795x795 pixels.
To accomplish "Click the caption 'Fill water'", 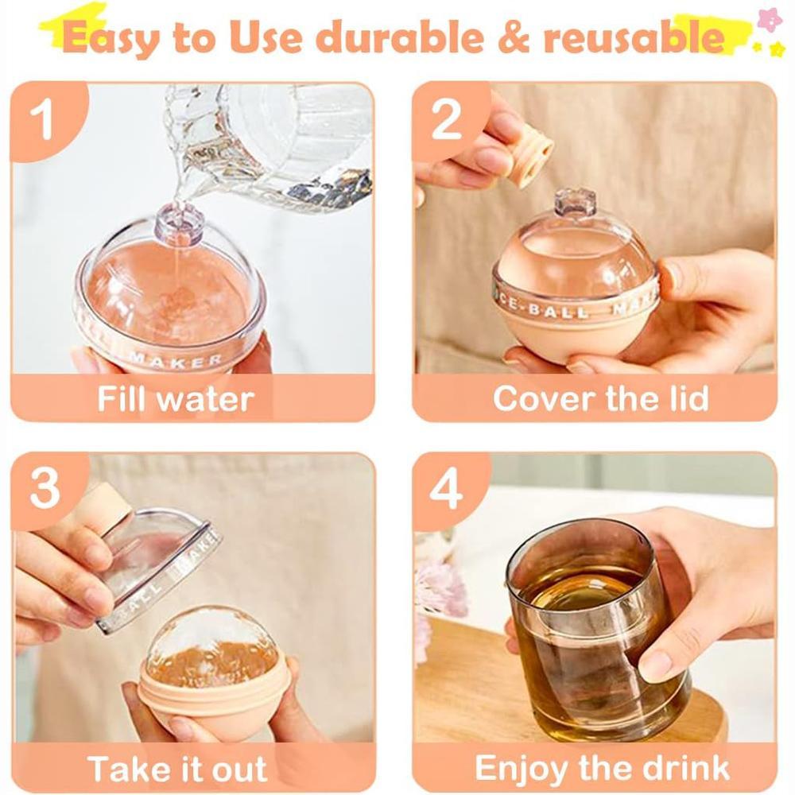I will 175,398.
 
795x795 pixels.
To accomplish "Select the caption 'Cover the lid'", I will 600,398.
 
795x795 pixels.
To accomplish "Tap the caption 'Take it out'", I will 176,769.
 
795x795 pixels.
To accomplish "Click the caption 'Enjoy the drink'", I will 602,769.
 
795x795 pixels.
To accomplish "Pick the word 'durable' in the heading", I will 397,38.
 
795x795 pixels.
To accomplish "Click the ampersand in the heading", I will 503,39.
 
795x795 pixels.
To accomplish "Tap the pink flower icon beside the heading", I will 768,20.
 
